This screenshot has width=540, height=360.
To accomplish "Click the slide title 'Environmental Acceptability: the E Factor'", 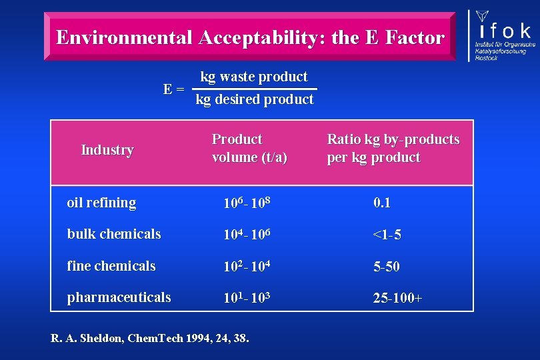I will [x=250, y=37].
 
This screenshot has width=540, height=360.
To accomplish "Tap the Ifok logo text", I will [x=504, y=29].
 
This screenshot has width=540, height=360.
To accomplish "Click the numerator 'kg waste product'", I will [x=254, y=77].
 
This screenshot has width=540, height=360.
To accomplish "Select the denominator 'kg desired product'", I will [x=254, y=99].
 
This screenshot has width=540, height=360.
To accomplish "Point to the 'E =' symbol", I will [x=175, y=89].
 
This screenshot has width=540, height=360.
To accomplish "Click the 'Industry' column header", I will [x=107, y=149].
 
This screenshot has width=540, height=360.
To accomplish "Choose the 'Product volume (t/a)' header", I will [x=249, y=148].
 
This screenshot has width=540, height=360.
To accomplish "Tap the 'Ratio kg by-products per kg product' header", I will [x=393, y=148].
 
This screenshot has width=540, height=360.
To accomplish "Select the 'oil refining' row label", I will [x=101, y=203].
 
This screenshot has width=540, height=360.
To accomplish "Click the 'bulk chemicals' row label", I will [x=114, y=234].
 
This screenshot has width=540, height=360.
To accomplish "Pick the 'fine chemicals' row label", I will [x=111, y=266].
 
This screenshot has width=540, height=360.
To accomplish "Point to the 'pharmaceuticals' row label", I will [x=119, y=297].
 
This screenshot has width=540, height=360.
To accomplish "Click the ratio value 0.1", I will [x=382, y=203].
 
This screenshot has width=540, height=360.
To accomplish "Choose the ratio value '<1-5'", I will [x=387, y=235].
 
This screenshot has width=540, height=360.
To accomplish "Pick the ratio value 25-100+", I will [x=397, y=298].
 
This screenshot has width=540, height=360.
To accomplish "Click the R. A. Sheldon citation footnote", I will [x=150, y=338].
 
